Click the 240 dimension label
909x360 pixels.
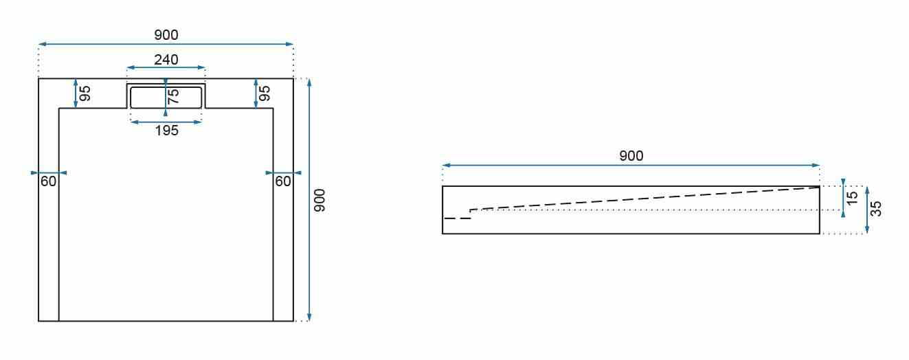(166, 60)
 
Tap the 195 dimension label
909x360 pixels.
(167, 131)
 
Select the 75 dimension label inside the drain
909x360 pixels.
(173, 96)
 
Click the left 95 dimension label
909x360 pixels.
(85, 93)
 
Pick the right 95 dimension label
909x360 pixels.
(265, 93)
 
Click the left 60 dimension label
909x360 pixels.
(48, 181)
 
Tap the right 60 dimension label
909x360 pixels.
(283, 181)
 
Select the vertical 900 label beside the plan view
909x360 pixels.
(319, 200)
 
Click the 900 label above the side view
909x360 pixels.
(631, 156)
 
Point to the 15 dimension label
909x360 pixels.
(853, 198)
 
